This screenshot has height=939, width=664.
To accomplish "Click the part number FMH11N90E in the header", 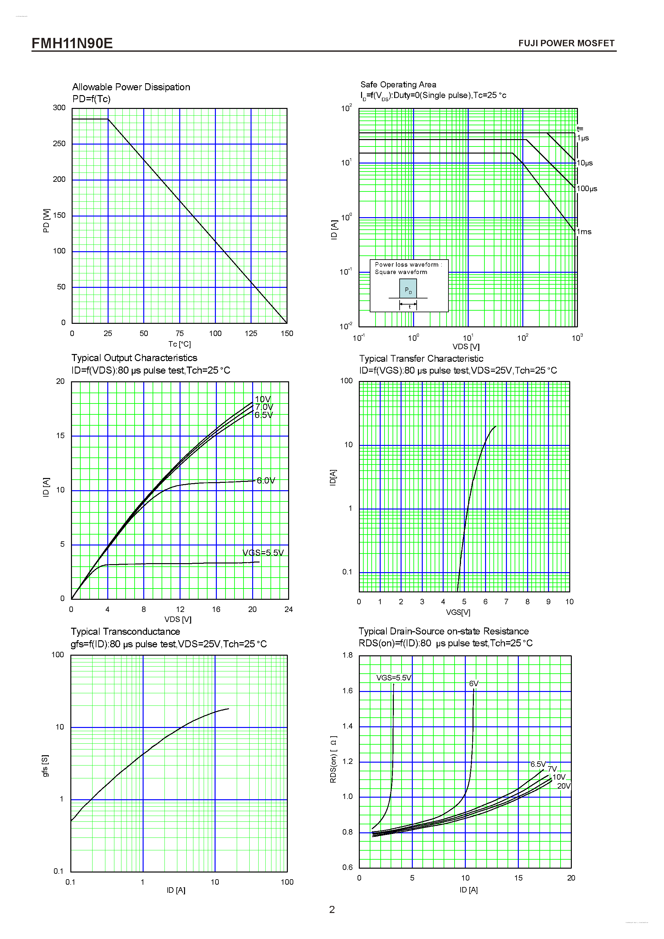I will pos(72,43).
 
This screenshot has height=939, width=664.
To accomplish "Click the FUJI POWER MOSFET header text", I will pos(566,43).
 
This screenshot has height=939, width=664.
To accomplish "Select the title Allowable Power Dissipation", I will pos(131,87).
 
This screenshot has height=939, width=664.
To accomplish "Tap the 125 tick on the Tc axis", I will pos(251,333).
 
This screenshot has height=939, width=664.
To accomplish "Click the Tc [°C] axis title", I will pos(180,344).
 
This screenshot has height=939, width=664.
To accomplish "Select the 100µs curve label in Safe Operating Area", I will pos(587,189).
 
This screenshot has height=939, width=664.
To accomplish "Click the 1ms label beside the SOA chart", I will pos(584,232).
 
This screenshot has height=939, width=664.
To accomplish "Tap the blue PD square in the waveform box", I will pos(408,289).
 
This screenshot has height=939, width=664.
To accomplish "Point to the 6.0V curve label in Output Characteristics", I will pos(266,481).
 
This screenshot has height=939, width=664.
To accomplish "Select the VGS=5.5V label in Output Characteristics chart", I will pos(263,553).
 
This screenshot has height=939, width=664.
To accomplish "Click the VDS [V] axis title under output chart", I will pos(178,619).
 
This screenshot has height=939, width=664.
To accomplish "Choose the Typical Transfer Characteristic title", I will pos(421,359).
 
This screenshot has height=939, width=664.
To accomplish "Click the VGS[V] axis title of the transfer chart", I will pos(458,612).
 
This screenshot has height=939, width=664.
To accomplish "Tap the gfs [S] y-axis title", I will pos(45,766).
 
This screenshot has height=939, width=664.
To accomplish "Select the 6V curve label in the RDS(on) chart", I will pos(474,683).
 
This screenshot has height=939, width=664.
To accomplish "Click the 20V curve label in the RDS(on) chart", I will pos(563,786).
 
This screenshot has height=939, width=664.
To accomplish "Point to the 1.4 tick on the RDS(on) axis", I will pos(347,726).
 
